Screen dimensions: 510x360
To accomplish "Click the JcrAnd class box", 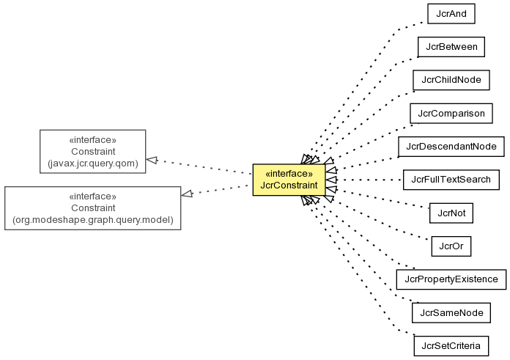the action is [451, 14].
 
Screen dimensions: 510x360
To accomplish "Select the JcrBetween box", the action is [451, 47].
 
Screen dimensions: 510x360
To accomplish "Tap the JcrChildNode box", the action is [451, 80].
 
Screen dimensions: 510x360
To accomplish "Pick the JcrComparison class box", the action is [451, 114].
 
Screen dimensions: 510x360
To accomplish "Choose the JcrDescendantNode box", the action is [451, 147].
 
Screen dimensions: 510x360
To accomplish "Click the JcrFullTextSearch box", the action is [451, 180].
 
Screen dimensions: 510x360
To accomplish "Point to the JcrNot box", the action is [451, 213].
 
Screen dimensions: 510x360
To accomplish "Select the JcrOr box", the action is [451, 246].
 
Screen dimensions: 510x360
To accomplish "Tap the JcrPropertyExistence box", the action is [451, 279].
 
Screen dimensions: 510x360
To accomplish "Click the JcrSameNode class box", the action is [451, 313].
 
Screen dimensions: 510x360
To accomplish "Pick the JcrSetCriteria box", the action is [451, 346].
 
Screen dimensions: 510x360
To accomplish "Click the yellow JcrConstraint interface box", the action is [289, 180].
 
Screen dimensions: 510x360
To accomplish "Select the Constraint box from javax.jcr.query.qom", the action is [93, 151].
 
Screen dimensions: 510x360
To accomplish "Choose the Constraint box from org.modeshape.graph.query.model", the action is [93, 208].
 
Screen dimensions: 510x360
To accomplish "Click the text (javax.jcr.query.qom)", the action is [93, 164].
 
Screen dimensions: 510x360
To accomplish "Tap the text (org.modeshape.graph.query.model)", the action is [93, 220].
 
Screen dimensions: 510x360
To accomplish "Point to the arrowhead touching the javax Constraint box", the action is [152, 160].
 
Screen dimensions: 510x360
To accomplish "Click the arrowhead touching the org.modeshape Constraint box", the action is [187, 194].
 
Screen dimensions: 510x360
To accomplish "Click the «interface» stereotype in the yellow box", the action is [289, 174].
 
